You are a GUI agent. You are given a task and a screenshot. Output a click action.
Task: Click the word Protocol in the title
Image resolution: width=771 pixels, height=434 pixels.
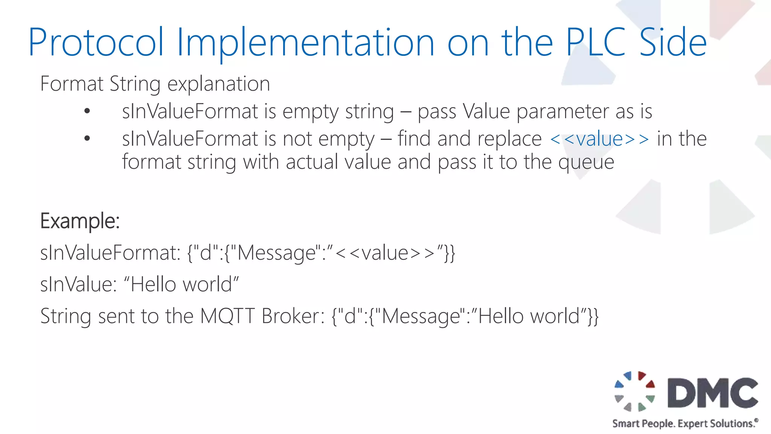(x=96, y=42)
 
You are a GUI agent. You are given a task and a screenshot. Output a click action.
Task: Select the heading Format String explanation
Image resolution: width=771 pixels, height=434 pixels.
(x=155, y=84)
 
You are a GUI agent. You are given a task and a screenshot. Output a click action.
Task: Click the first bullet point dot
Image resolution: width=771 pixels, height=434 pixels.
(x=87, y=111)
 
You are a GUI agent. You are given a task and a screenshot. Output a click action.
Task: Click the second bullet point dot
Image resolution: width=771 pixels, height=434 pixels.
(x=87, y=139)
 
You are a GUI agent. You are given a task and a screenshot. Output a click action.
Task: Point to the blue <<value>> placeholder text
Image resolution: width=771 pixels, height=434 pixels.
(x=599, y=139)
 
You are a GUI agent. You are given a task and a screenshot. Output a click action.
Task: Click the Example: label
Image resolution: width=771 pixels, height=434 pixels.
(x=80, y=221)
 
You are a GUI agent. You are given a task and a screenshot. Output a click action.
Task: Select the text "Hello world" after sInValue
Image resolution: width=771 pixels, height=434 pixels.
(x=181, y=284)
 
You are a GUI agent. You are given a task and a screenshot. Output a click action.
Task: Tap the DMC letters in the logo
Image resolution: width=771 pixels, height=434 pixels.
(x=713, y=393)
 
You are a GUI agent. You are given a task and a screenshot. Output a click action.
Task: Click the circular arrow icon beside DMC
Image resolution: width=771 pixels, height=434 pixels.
(x=635, y=391)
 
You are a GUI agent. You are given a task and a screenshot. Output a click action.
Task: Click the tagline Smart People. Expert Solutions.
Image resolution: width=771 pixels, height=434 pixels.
(x=684, y=423)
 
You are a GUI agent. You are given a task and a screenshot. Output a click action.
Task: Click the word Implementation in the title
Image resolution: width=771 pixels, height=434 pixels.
(x=305, y=42)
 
